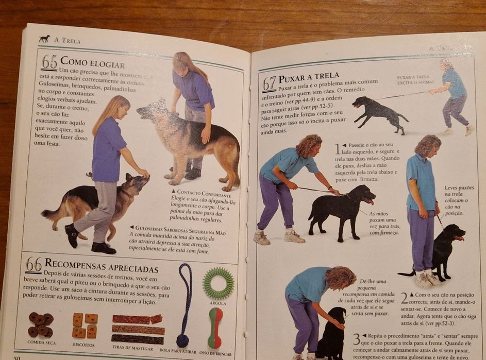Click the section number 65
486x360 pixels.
tap(49, 62)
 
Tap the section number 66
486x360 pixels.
tap(33, 265)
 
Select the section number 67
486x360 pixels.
tap(269, 84)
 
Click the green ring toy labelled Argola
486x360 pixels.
tap(218, 283)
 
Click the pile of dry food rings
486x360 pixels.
tap(40, 324)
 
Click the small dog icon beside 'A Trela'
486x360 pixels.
tap(45, 39)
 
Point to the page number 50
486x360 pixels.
tap(18, 357)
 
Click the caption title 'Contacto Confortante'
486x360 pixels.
tap(200, 191)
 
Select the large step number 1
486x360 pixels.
tap(338, 149)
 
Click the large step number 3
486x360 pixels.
tap(356, 339)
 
